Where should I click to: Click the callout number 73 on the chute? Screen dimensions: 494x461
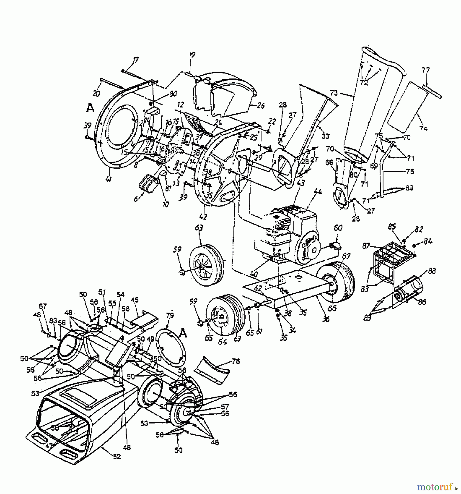334,93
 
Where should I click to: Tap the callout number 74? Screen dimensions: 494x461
423,128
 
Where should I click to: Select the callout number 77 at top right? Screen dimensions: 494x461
426,70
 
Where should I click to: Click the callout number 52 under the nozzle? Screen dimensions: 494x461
117,457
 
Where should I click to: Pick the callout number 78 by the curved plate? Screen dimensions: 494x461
236,361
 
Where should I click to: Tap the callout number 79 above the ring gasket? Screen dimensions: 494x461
170,316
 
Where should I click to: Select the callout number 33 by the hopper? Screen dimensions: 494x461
326,136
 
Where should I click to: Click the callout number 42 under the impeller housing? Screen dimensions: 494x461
203,217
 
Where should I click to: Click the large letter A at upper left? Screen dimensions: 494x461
90,108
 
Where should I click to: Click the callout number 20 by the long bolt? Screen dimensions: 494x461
96,94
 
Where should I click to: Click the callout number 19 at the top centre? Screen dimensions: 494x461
192,55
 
